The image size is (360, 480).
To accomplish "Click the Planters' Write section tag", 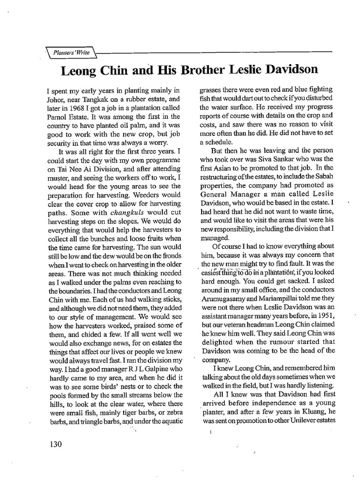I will (x=71, y=53).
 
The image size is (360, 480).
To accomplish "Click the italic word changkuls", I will (x=113, y=212).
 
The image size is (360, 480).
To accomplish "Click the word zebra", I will (x=172, y=412).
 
